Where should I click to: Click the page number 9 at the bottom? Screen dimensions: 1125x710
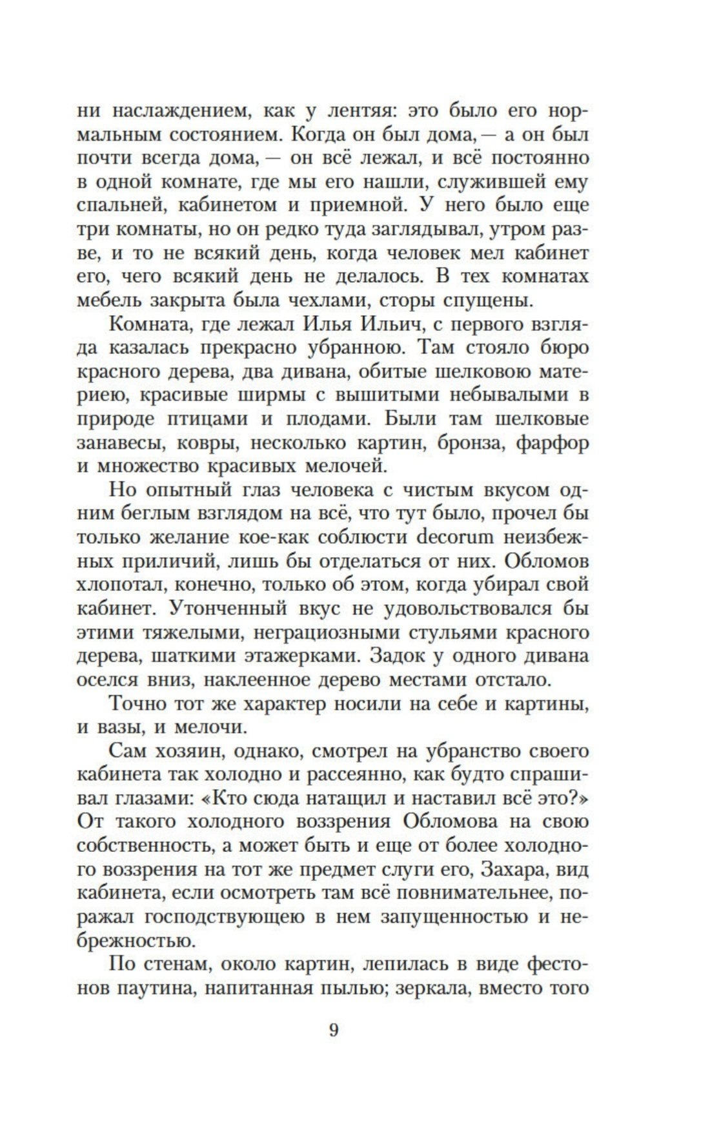[x=334, y=1029]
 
